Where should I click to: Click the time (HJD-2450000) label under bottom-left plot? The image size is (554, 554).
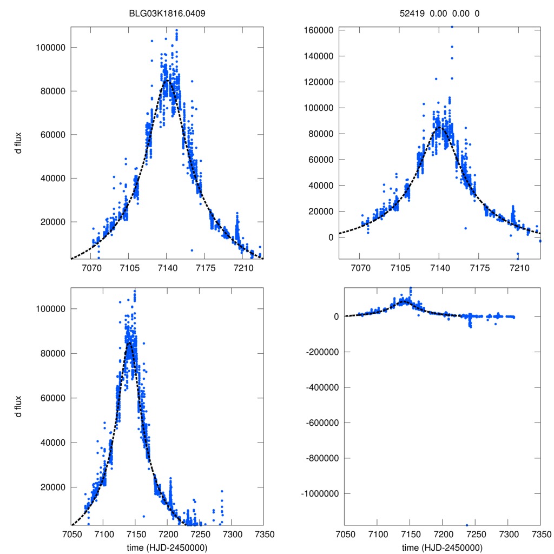tap(167, 548)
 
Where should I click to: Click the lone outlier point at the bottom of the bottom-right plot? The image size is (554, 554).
tap(466, 525)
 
